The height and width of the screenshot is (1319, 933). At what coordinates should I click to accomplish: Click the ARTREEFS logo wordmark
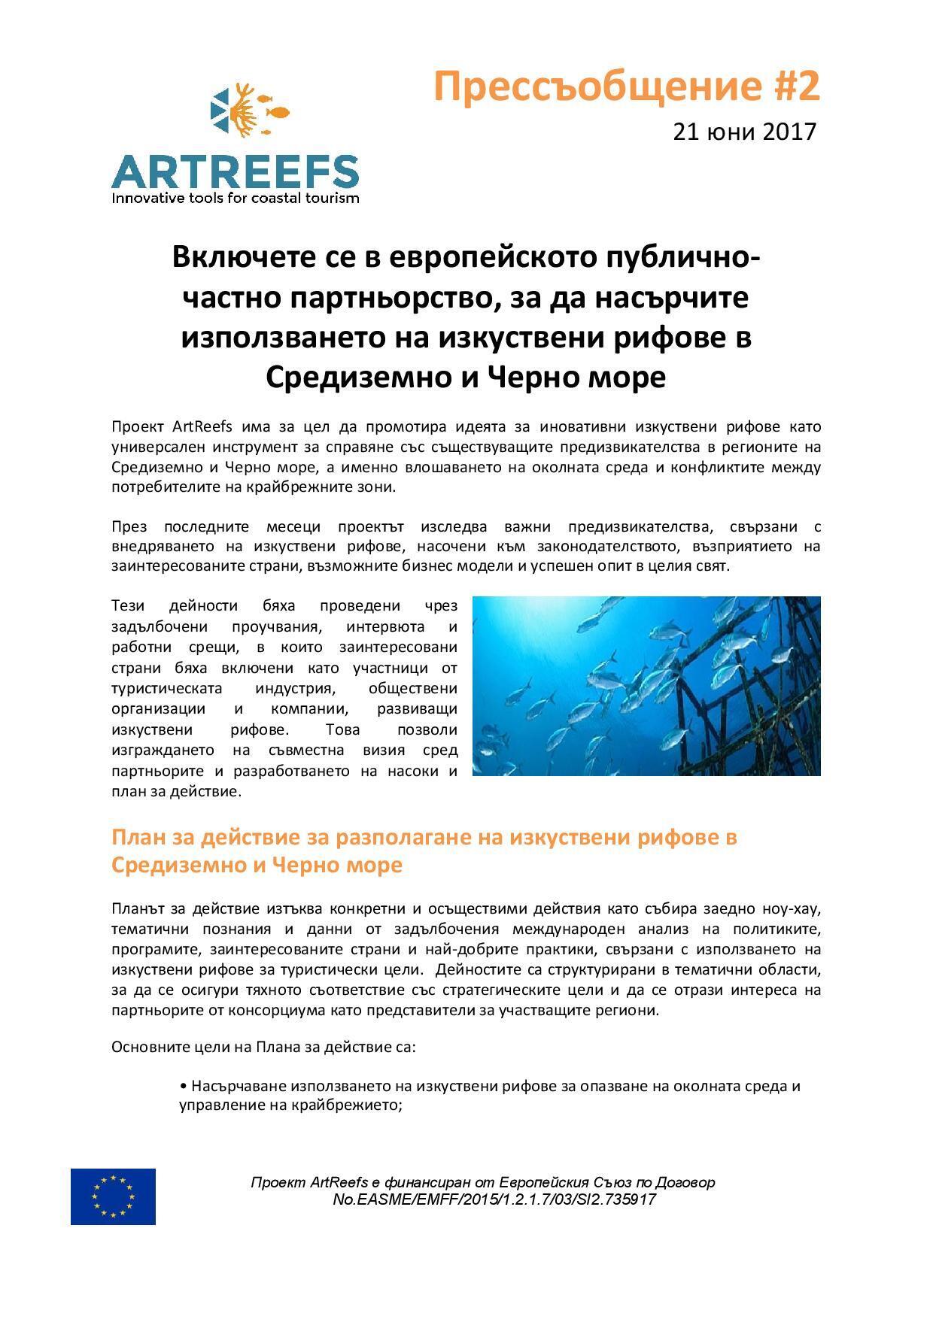pos(235,172)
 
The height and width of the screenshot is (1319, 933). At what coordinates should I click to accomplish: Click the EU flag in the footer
pos(113,1196)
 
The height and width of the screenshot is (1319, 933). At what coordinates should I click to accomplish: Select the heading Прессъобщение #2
pos(626,86)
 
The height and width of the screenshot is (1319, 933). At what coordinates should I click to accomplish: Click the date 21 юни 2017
pos(744,132)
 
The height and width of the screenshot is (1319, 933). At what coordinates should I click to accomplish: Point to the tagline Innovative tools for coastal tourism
pos(235,199)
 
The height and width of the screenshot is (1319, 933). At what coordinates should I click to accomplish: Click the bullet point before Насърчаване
pos(183,1087)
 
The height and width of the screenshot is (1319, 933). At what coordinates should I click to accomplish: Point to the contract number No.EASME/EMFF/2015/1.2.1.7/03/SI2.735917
pos(494,1199)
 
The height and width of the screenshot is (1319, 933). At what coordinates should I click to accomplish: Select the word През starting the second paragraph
pos(129,526)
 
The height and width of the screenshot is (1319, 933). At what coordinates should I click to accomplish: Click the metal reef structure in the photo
pos(745,677)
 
